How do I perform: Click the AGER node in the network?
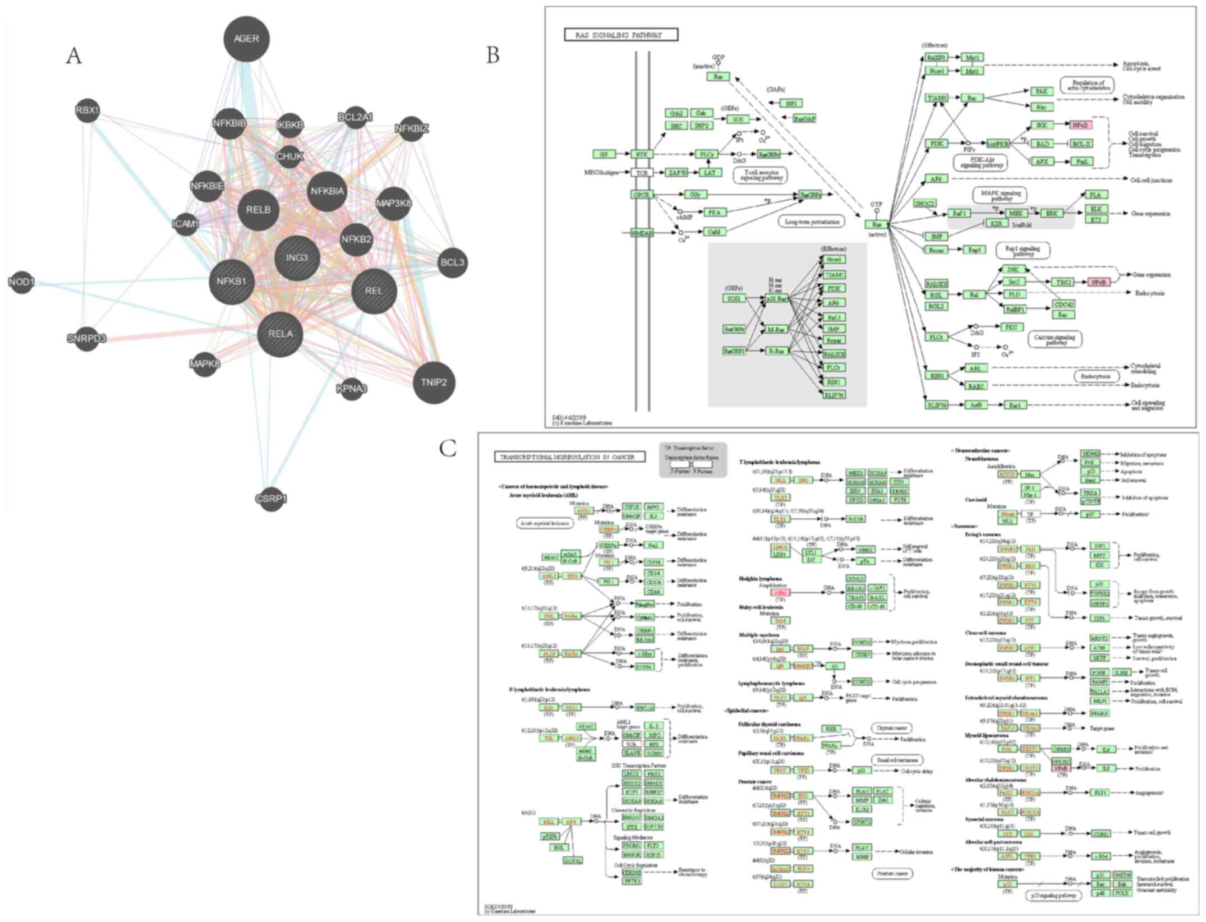point(246,39)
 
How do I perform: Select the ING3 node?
point(297,258)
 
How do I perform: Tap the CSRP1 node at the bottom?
point(271,498)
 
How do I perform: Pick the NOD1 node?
point(22,282)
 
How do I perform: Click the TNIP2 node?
point(434,382)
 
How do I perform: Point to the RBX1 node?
point(87,110)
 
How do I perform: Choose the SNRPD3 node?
point(86,339)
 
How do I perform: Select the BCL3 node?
point(452,262)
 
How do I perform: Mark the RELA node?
point(280,334)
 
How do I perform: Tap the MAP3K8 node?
point(394,203)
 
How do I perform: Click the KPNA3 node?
point(352,388)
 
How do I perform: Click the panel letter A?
point(73,56)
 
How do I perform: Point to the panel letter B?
point(492,54)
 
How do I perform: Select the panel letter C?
point(448,448)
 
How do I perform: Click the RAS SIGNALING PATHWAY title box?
point(621,35)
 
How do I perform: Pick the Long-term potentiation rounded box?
point(812,222)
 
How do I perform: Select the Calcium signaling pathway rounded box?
point(1055,339)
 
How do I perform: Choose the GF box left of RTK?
point(604,154)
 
